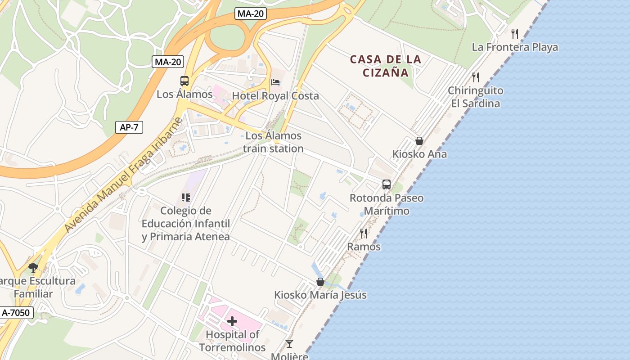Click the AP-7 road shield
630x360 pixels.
coord(129,127)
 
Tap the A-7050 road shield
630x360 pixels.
coord(17,312)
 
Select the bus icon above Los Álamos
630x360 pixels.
coord(184,81)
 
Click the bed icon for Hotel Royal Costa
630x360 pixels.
coord(275,82)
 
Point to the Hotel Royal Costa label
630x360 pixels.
coord(275,96)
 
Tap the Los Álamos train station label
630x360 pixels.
coord(273,142)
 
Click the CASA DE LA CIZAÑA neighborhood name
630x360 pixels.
coord(386,66)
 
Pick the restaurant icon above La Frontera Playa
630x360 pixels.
coord(515,33)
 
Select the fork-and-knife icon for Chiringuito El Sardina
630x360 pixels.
coord(475,77)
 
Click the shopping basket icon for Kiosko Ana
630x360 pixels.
coord(419,141)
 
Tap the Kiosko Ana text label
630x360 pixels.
coord(419,154)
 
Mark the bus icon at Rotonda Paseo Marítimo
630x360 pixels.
coord(387,184)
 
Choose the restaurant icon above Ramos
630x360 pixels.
coord(364,233)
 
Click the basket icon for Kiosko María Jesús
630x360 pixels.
coord(320,282)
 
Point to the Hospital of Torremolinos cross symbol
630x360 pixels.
coord(232,321)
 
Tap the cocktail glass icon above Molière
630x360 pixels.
coord(289,344)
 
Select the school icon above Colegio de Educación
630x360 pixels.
coord(186,197)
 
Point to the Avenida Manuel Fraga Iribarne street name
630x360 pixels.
coord(123,175)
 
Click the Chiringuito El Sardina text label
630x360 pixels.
coord(475,97)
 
